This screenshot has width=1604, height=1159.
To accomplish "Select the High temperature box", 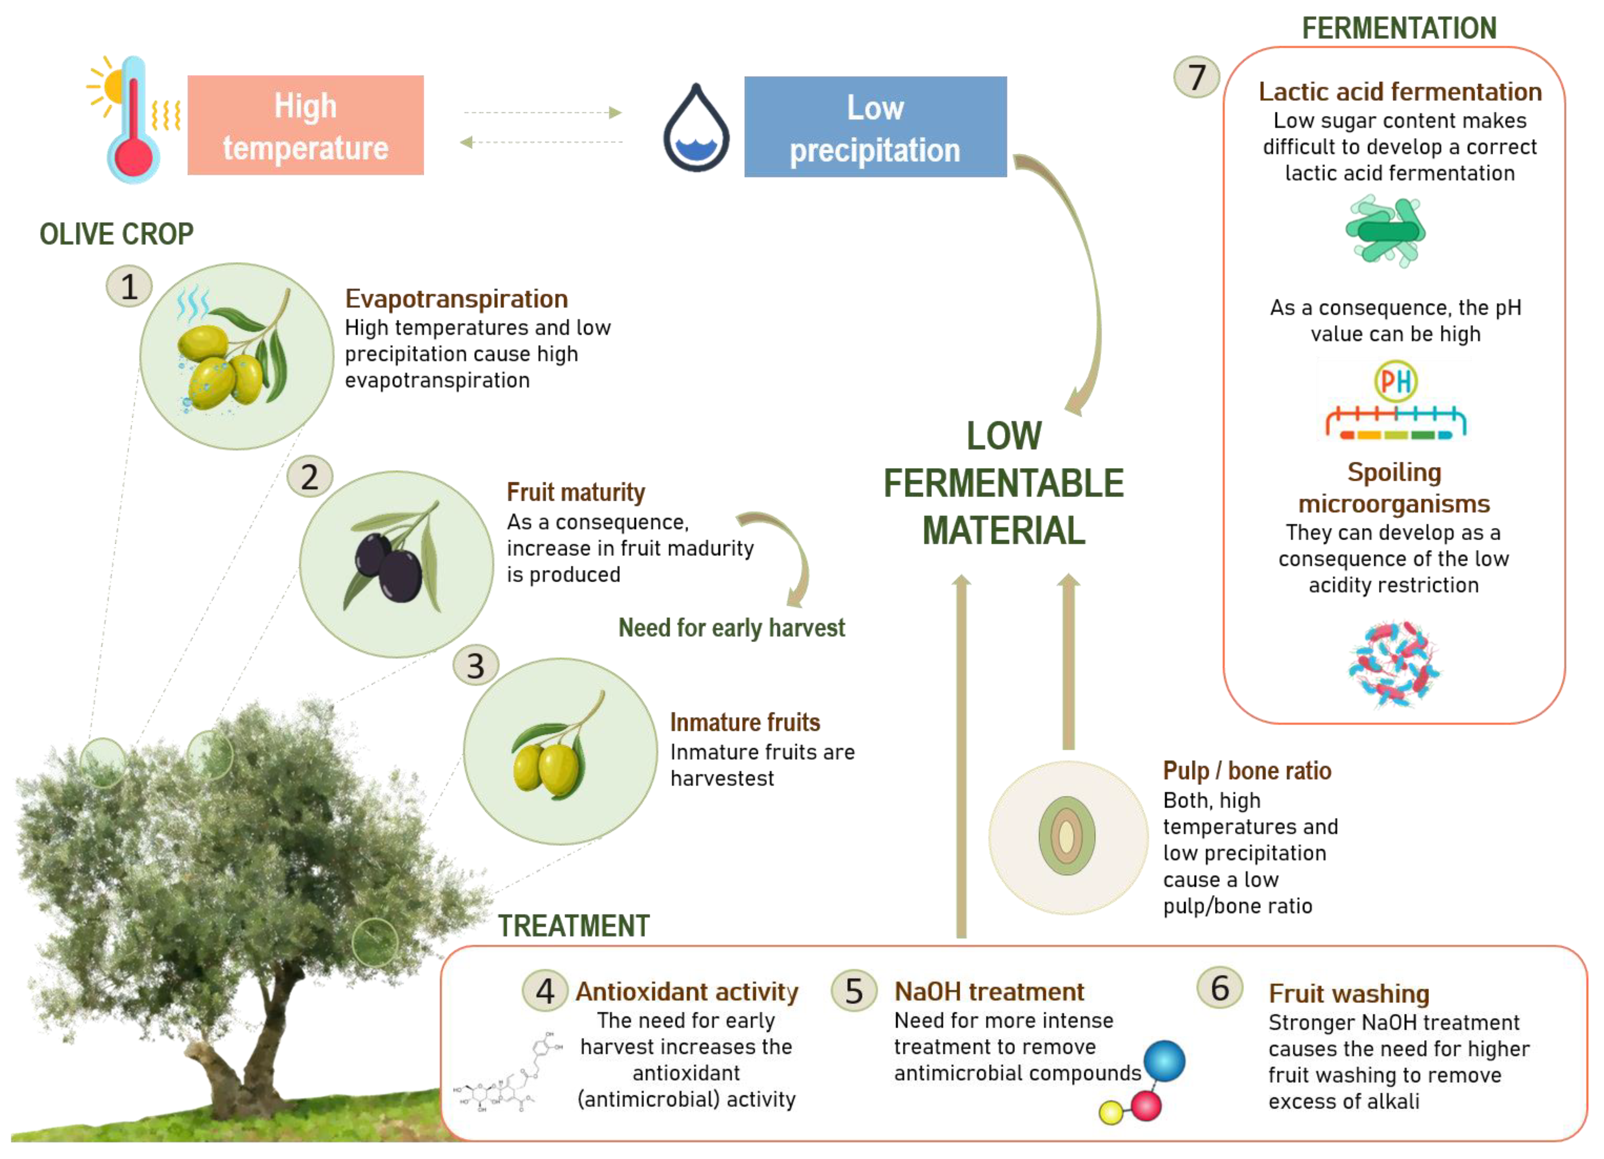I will coord(306,125).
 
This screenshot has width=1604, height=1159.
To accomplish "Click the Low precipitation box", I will coord(875,127).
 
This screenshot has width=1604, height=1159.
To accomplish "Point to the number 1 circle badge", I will coord(129,286).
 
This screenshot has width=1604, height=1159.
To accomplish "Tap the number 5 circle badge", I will coord(854,991).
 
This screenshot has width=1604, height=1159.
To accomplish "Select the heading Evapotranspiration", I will coord(456,299).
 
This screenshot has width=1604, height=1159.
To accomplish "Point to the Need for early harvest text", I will coord(731,628).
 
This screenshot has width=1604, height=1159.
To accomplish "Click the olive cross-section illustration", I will coord(1066,837).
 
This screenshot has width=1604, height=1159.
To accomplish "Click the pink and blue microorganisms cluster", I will coord(1393,663).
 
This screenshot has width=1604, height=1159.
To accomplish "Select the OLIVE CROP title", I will coord(116,234).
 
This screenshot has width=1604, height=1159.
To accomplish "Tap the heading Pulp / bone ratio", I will coord(1247,771).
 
